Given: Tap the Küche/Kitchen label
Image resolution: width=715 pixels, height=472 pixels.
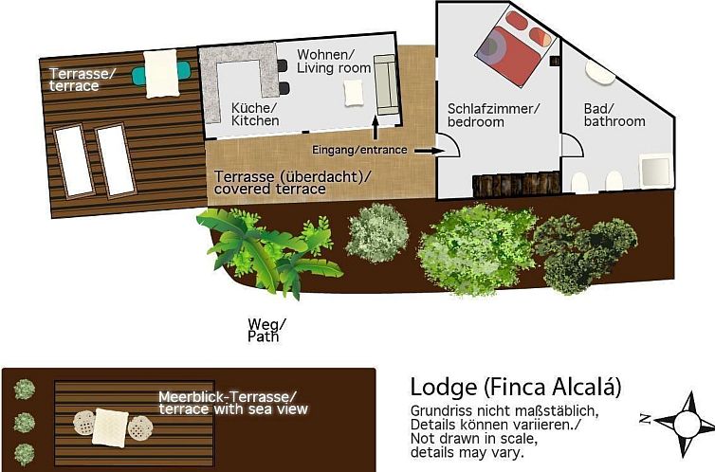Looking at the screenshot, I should (x=255, y=114).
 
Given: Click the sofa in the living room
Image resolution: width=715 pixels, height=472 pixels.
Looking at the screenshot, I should (x=384, y=82).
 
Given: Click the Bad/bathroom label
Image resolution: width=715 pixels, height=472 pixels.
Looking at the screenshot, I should (x=614, y=115).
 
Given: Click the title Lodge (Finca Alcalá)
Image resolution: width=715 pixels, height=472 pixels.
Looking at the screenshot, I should (x=516, y=387).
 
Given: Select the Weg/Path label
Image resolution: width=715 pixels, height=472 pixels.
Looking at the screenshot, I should (x=265, y=330).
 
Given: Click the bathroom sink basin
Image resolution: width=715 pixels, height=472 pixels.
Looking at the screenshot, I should (x=598, y=73).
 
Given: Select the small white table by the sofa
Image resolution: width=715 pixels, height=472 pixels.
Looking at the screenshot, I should (x=353, y=92).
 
